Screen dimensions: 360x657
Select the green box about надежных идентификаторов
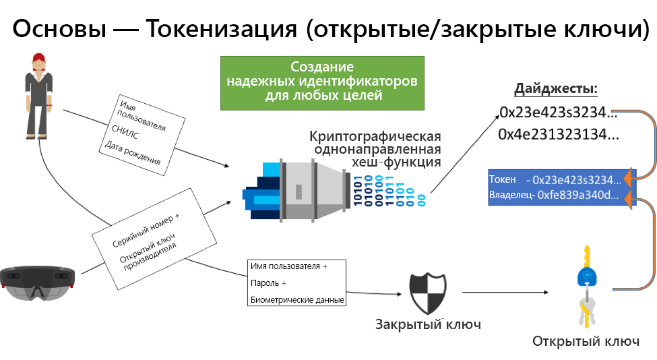[322, 82]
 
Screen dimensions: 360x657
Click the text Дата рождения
[132, 152]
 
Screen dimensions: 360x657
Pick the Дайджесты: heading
[556, 89]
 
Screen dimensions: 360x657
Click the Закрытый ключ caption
[428, 324]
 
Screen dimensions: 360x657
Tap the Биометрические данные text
[296, 299]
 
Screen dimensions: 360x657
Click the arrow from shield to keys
[505, 292]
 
